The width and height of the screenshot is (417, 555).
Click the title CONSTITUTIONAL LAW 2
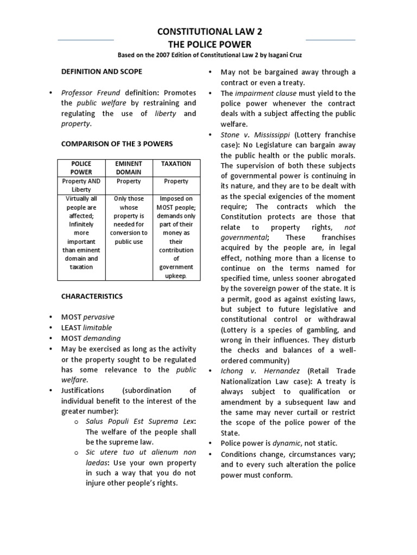pos(209,34)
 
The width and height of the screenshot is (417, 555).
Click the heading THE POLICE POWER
pos(209,44)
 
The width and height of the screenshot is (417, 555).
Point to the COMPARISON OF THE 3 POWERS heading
pos(116,144)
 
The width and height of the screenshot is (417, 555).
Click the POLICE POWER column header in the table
pos(81,167)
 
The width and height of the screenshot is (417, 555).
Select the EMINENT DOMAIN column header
pos(129,167)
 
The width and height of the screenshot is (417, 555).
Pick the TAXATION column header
pos(176,163)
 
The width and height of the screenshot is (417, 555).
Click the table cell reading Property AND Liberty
pos(81,186)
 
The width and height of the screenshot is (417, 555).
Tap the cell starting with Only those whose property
pos(129,220)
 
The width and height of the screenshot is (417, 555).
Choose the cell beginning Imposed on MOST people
pos(176,237)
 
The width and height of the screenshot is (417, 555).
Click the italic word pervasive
pos(98,317)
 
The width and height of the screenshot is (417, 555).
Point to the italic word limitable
pos(97,327)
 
